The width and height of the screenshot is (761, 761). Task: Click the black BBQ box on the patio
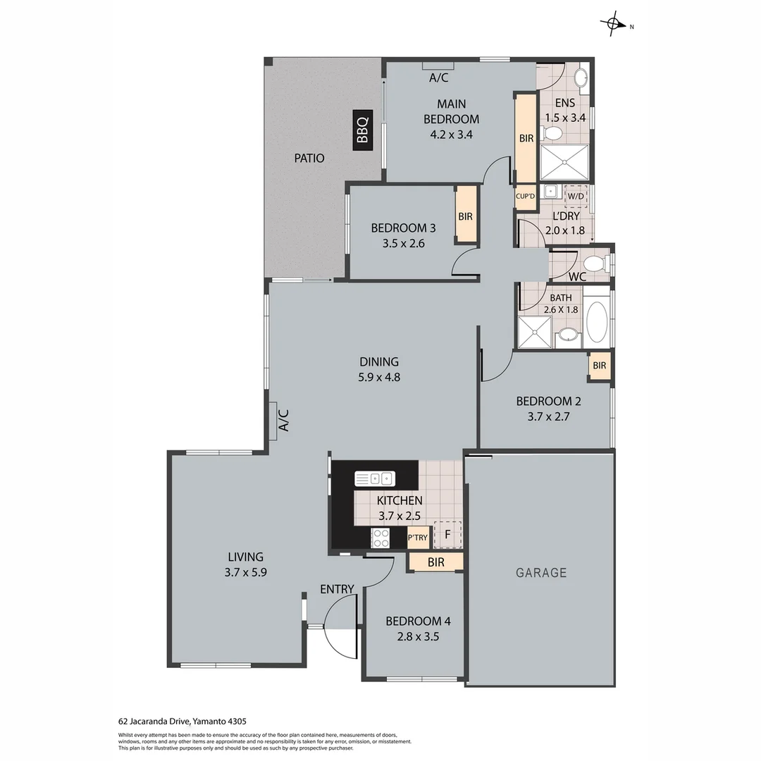point(362,130)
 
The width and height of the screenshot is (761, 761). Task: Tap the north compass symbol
point(614,25)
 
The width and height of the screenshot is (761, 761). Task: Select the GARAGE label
point(541,573)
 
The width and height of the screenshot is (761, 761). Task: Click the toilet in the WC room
point(595,264)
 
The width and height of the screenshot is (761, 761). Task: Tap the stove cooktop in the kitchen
point(380,538)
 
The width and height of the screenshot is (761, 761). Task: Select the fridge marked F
point(447,534)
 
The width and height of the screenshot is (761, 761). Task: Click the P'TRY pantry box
point(418,538)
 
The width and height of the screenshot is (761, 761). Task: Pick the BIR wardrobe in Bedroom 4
point(435,562)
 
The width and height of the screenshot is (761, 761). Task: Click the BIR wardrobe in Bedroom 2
point(600,366)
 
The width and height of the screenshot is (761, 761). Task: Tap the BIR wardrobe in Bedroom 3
point(465,217)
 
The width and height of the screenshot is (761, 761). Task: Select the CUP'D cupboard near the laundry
point(526,197)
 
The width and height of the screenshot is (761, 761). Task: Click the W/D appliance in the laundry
point(576,195)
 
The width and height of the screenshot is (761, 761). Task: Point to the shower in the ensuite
point(564,162)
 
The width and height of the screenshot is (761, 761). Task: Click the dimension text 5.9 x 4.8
point(378,377)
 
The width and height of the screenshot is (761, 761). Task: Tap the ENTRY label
point(337,589)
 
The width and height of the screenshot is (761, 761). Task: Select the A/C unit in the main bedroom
point(438,67)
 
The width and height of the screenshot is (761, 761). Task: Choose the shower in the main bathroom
point(535,331)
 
